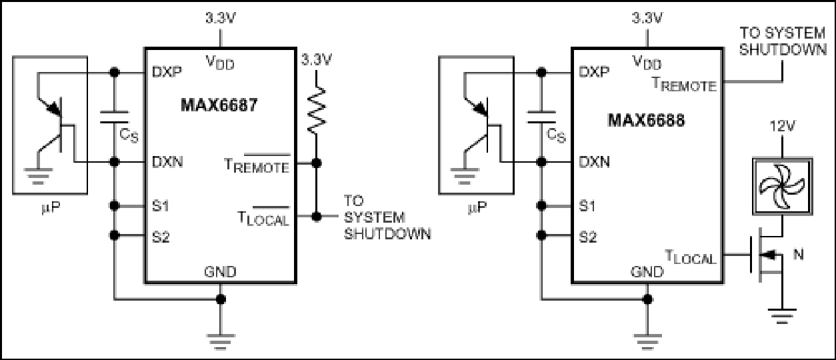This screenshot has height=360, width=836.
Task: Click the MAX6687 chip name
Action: coord(219,105)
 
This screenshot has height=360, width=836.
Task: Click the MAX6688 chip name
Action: coord(647,121)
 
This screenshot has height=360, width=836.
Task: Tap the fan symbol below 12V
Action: coord(782,187)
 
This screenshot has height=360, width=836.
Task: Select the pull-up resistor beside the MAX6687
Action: coord(317,110)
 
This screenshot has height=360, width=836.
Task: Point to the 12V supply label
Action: coord(782,127)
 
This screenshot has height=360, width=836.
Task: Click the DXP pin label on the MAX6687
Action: coord(167,71)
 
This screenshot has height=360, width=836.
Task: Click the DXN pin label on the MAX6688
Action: coord(594,162)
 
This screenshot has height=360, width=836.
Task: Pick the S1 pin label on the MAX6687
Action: coord(161,205)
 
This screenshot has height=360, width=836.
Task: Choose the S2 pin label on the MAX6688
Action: coord(588,237)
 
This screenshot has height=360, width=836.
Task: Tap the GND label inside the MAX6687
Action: coord(220,271)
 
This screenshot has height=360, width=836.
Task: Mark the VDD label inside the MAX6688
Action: coord(647,62)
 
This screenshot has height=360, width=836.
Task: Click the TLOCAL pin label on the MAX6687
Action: coord(263,217)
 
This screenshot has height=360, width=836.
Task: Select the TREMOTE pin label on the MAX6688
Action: coord(684,85)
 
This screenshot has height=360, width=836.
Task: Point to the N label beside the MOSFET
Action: coord(798,255)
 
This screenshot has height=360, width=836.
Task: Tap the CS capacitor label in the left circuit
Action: coord(129,136)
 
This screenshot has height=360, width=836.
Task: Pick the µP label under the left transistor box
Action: coord(50,207)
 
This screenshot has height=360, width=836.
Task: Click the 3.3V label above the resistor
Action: coord(317,60)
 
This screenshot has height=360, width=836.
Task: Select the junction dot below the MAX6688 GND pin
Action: coord(647,299)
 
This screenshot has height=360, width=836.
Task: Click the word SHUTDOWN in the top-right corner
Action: coord(783,49)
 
